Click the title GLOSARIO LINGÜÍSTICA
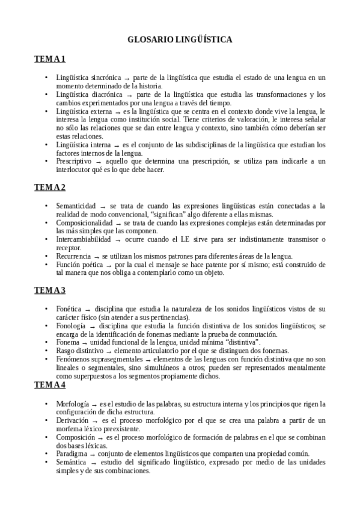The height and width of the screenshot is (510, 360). tap(180, 39)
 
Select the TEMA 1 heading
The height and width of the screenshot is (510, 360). tap(49, 59)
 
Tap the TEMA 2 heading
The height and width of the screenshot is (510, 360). tap(49, 187)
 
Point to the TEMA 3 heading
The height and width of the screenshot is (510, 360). tap(49, 290)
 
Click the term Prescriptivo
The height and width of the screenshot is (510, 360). tap(74, 162)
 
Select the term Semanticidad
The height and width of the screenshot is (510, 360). tap(76, 206)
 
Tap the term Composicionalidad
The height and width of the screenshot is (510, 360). tap(84, 223)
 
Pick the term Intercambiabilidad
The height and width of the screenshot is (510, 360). tap(84, 239)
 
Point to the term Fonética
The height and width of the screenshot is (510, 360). tap(69, 309)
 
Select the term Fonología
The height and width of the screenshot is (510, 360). tap(70, 325)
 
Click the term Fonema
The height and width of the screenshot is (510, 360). tap(67, 342)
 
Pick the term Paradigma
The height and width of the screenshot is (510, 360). tap(72, 453)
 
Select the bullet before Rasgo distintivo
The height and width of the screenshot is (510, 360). tap(47, 351)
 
